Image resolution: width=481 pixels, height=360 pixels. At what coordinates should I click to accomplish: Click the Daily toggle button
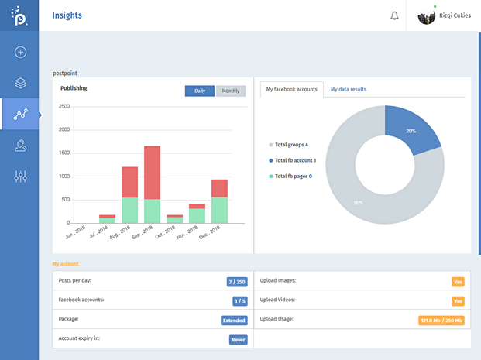click(x=200, y=91)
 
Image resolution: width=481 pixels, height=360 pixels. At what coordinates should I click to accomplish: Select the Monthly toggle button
click(x=231, y=91)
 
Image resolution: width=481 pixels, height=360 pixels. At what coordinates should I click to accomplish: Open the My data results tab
click(x=349, y=89)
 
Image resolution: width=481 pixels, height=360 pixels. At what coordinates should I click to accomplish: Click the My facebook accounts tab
click(x=291, y=89)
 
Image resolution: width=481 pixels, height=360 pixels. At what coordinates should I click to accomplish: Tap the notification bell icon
click(x=394, y=15)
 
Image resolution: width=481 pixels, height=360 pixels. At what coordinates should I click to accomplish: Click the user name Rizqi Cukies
click(x=455, y=15)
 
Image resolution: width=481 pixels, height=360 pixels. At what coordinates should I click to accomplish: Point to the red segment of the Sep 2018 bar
click(x=152, y=172)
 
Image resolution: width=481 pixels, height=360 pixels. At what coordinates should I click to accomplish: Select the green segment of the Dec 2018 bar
click(x=220, y=210)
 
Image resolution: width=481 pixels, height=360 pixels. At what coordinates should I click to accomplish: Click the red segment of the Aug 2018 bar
click(x=129, y=182)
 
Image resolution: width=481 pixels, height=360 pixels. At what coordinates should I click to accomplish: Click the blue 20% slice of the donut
click(x=410, y=128)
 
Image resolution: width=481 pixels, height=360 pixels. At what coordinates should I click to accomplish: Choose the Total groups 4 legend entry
click(x=290, y=145)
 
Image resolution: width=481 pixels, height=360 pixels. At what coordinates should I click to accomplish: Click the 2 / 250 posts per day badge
click(x=237, y=282)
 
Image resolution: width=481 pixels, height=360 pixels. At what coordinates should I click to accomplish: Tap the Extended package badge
click(x=234, y=320)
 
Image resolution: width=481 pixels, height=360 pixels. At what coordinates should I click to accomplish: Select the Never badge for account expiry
click(x=238, y=339)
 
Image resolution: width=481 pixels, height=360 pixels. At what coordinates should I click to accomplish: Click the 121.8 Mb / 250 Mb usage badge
click(x=441, y=320)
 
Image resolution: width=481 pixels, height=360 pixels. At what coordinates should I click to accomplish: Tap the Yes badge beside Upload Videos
click(x=458, y=301)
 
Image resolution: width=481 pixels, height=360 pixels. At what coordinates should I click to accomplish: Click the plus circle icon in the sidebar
click(x=21, y=52)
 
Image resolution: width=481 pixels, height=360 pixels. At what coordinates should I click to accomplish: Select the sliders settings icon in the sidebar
click(x=21, y=177)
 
